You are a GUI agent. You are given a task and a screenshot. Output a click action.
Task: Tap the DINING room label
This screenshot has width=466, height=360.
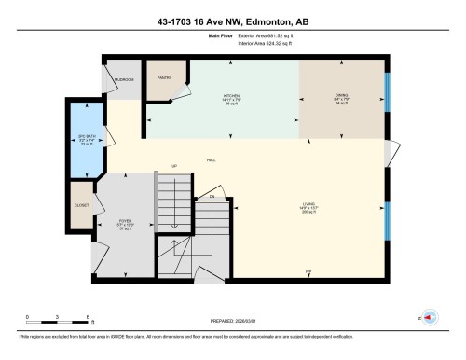(341, 95)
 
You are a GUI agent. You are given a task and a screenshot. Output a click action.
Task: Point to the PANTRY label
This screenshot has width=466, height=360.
(164, 77)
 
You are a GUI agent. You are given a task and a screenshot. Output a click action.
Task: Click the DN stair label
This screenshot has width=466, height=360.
(212, 197)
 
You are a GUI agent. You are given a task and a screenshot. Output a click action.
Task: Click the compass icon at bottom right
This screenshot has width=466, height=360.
(432, 318)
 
